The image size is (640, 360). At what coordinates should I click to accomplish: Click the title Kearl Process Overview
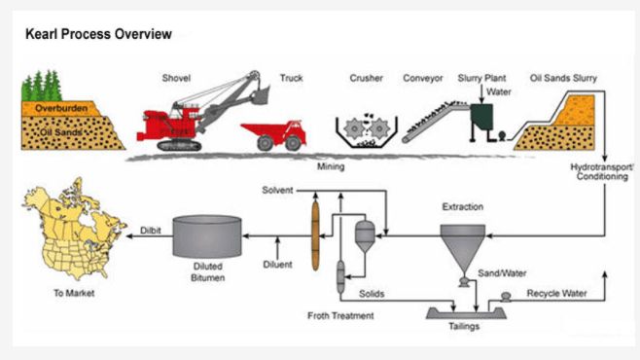coord(98,34)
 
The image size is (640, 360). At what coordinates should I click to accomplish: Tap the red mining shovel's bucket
coord(260,95)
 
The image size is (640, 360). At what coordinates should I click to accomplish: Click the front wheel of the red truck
coord(293,142)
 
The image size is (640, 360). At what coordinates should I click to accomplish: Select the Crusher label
coord(366,78)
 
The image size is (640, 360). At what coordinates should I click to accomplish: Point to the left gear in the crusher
coord(354,128)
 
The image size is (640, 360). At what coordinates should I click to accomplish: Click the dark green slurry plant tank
coord(481,117)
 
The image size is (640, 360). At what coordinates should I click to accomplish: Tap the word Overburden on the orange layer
coord(61,108)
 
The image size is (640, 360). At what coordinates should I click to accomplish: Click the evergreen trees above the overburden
coord(42,86)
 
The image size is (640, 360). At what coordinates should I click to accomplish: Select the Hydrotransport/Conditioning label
coord(602,172)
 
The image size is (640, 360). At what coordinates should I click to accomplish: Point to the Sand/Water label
coord(502,273)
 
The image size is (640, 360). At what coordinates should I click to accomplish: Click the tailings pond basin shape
coord(466,313)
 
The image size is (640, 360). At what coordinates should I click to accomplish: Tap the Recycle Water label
coord(556,293)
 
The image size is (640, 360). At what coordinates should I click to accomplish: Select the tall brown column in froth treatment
coord(315,235)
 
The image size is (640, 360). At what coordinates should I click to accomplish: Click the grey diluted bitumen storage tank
coord(207,236)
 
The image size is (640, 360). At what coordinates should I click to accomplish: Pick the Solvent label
coord(277,190)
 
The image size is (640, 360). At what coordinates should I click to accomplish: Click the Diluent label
coord(277,265)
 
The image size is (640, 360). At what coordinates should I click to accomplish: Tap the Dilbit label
coord(151,231)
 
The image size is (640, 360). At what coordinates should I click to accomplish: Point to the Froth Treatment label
coord(340,315)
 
